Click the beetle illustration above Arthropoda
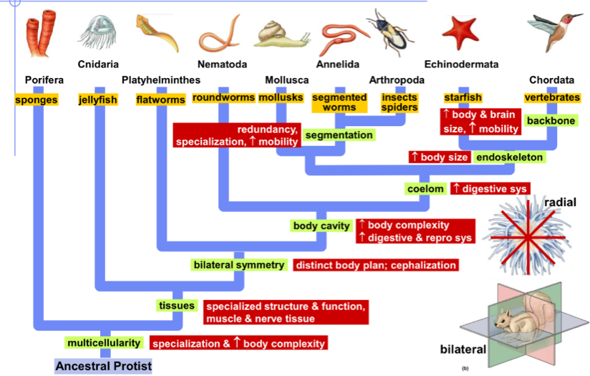(390, 33)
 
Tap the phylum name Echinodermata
(461, 64)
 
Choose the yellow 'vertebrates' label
(551, 97)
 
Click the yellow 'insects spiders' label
(400, 102)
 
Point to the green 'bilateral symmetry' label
(239, 265)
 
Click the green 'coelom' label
(426, 188)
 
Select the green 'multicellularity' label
(104, 342)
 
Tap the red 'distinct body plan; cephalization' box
(375, 265)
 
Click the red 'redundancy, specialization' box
(236, 135)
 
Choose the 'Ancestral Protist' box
(104, 366)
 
